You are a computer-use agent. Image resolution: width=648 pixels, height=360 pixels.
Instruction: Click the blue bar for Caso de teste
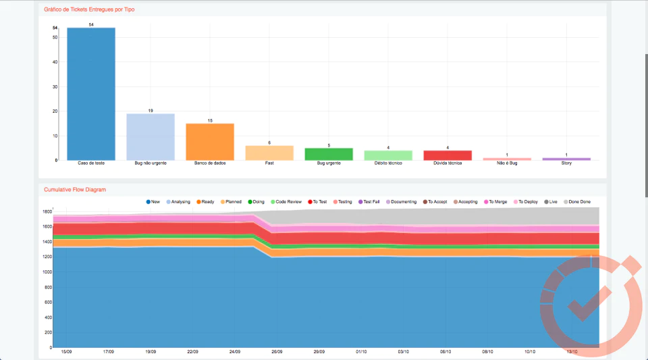click(91, 94)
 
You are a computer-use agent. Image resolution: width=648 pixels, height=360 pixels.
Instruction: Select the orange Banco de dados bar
click(210, 142)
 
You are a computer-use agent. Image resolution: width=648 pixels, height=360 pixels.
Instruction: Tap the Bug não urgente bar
click(151, 137)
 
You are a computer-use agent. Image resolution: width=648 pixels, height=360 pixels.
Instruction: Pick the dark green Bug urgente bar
click(329, 154)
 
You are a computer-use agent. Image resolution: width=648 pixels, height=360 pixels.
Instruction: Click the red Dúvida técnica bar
click(448, 155)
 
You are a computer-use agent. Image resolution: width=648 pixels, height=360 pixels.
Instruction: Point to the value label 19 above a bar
click(151, 111)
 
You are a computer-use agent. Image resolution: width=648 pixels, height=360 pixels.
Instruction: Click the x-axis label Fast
click(269, 163)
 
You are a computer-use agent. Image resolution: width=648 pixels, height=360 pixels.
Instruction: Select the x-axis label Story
click(566, 163)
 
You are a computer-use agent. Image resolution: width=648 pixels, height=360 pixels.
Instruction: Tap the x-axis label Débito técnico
click(388, 163)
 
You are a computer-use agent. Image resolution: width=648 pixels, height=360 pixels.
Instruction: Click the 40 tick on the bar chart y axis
click(55, 62)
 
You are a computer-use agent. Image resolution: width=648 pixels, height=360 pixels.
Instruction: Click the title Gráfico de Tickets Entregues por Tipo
click(89, 9)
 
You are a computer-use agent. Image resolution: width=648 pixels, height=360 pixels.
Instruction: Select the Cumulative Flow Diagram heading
click(75, 190)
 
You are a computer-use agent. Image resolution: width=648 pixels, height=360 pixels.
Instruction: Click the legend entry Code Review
click(286, 202)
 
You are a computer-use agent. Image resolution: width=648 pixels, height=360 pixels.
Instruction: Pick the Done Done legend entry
click(577, 202)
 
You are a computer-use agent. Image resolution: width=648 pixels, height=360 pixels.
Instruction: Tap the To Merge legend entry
click(495, 202)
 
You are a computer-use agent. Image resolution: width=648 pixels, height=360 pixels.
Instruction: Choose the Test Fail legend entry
click(369, 202)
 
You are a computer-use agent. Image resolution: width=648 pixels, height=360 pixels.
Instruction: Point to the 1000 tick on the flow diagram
click(47, 272)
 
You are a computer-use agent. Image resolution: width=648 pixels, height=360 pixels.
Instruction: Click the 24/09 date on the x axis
click(235, 352)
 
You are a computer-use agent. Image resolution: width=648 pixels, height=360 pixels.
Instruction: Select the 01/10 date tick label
click(361, 352)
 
